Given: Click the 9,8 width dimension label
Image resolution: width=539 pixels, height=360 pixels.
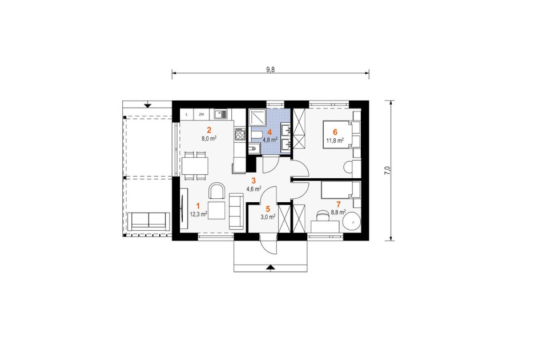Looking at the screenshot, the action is coord(271,70).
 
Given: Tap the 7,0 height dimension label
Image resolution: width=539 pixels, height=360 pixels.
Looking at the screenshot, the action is coord(387,171).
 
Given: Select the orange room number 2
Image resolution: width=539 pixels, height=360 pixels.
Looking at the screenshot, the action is coord(208,130).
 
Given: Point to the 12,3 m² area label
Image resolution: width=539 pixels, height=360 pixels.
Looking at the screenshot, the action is coord(198,214).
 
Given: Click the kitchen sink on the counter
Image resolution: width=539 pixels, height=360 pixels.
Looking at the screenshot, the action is coord(220,114).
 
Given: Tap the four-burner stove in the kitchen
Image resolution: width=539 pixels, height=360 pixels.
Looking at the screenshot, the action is coord(240,133).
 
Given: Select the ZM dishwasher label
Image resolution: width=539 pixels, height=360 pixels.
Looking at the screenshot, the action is coord(202,114).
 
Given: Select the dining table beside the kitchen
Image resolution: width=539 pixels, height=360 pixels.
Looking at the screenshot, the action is coord(195,166).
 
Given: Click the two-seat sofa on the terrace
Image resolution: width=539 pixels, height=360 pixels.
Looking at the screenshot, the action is coord(149,221).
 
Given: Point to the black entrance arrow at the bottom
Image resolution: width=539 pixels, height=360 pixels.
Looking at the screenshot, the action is coord(271,267).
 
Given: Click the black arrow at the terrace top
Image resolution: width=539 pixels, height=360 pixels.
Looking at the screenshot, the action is coord(148,105).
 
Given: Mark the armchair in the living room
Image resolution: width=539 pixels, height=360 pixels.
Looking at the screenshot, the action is coord(217,190).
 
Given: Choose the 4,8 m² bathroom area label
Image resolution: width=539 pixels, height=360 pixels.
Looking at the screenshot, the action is coord(270,140).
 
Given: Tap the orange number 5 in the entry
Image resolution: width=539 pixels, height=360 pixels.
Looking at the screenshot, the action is coord(268,209).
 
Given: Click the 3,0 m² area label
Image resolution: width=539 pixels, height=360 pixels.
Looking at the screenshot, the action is coord(268,217).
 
